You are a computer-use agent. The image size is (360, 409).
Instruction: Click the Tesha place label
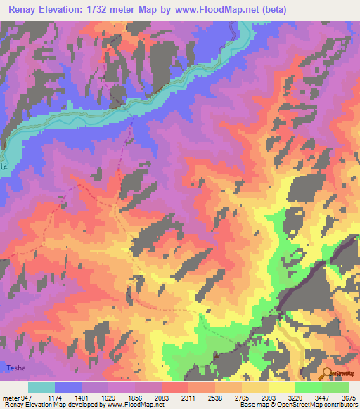pyautogui.click(x=15, y=368)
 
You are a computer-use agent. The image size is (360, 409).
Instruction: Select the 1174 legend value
pyautogui.click(x=56, y=398)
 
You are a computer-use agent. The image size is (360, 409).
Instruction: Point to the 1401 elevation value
pyautogui.click(x=82, y=398)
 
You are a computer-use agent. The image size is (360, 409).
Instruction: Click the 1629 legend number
pyautogui.click(x=109, y=398)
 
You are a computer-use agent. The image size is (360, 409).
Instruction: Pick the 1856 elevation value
pyautogui.click(x=136, y=398)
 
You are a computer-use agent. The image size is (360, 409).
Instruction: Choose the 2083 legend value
pyautogui.click(x=162, y=398)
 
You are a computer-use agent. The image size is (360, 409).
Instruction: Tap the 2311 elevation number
pyautogui.click(x=189, y=398)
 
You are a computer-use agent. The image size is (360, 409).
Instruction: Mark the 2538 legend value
pyautogui.click(x=216, y=398)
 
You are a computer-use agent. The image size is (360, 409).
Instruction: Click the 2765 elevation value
pyautogui.click(x=243, y=398)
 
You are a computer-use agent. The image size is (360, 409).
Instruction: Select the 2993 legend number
pyautogui.click(x=269, y=398)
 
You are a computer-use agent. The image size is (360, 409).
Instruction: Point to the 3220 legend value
pyautogui.click(x=296, y=398)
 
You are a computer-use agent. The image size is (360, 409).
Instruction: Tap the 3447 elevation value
pyautogui.click(x=323, y=398)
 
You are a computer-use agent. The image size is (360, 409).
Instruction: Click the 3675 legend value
pyautogui.click(x=348, y=398)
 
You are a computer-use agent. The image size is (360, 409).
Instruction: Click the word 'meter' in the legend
pyautogui.click(x=9, y=398)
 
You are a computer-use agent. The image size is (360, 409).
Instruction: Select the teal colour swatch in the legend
pyautogui.click(x=41, y=387)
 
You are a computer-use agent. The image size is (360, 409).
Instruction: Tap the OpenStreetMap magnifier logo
pyautogui.click(x=327, y=372)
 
